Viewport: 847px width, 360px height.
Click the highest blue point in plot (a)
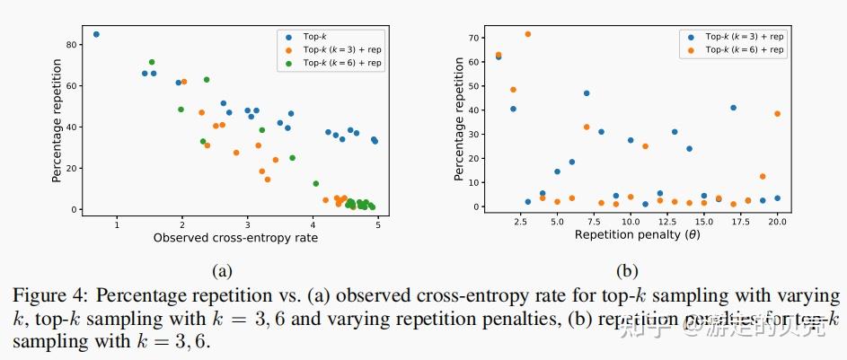click(96, 35)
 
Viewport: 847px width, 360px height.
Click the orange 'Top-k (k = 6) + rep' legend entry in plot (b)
click(746, 50)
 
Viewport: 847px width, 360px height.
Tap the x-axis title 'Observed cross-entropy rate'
click(235, 238)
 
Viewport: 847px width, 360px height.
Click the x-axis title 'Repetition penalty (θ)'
click(638, 235)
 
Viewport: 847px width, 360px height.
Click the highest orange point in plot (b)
click(527, 34)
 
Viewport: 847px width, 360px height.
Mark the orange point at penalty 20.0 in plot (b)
click(777, 114)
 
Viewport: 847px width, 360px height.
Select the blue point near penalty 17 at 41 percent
click(733, 108)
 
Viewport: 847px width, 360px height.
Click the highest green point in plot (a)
click(152, 62)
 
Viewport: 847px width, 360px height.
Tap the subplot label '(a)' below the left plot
click(222, 270)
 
